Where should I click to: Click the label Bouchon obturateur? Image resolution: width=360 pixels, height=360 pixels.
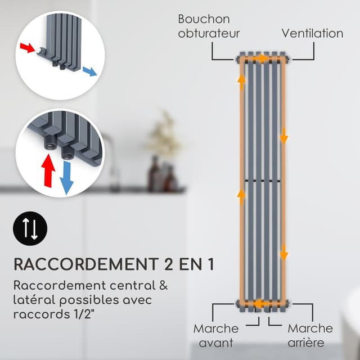(209, 26)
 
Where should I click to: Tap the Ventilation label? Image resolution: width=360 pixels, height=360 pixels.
(312, 33)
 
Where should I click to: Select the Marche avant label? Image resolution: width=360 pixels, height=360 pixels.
(216, 335)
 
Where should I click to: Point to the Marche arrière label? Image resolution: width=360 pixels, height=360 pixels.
(310, 335)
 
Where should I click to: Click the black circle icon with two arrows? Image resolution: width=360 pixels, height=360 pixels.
(30, 229)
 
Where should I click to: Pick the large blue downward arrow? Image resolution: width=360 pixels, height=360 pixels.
(67, 177)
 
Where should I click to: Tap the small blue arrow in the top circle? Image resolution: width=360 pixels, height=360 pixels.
(89, 71)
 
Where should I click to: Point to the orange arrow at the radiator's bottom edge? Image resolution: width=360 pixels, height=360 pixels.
(260, 304)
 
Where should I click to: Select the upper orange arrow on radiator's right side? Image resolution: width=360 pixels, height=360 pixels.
(284, 135)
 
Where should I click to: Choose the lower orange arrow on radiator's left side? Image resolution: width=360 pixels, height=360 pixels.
(242, 195)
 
